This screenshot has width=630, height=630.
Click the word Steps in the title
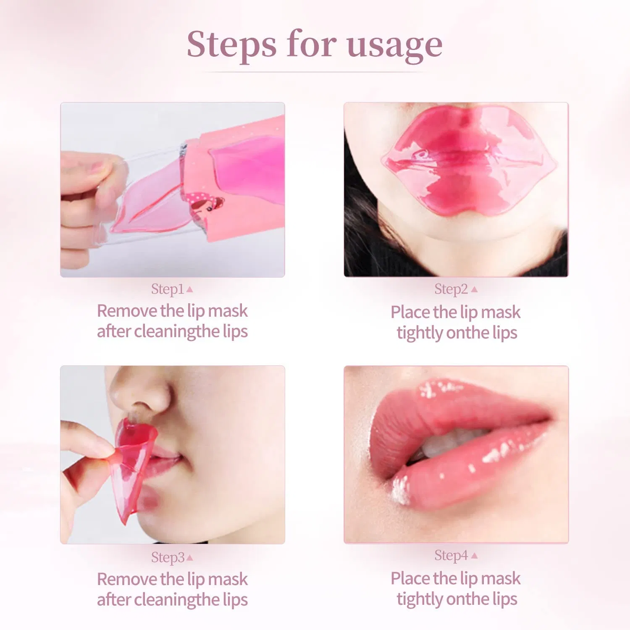point(231,45)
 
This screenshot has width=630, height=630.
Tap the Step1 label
point(167,289)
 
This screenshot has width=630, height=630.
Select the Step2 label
point(451,289)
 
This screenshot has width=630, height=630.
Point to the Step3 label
point(167,557)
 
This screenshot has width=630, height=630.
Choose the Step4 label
point(451,555)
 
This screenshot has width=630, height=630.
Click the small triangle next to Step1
point(189,289)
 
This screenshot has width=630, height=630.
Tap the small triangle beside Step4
point(474,556)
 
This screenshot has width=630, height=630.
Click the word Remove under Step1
point(127,311)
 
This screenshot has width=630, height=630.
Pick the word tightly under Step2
point(420,333)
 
